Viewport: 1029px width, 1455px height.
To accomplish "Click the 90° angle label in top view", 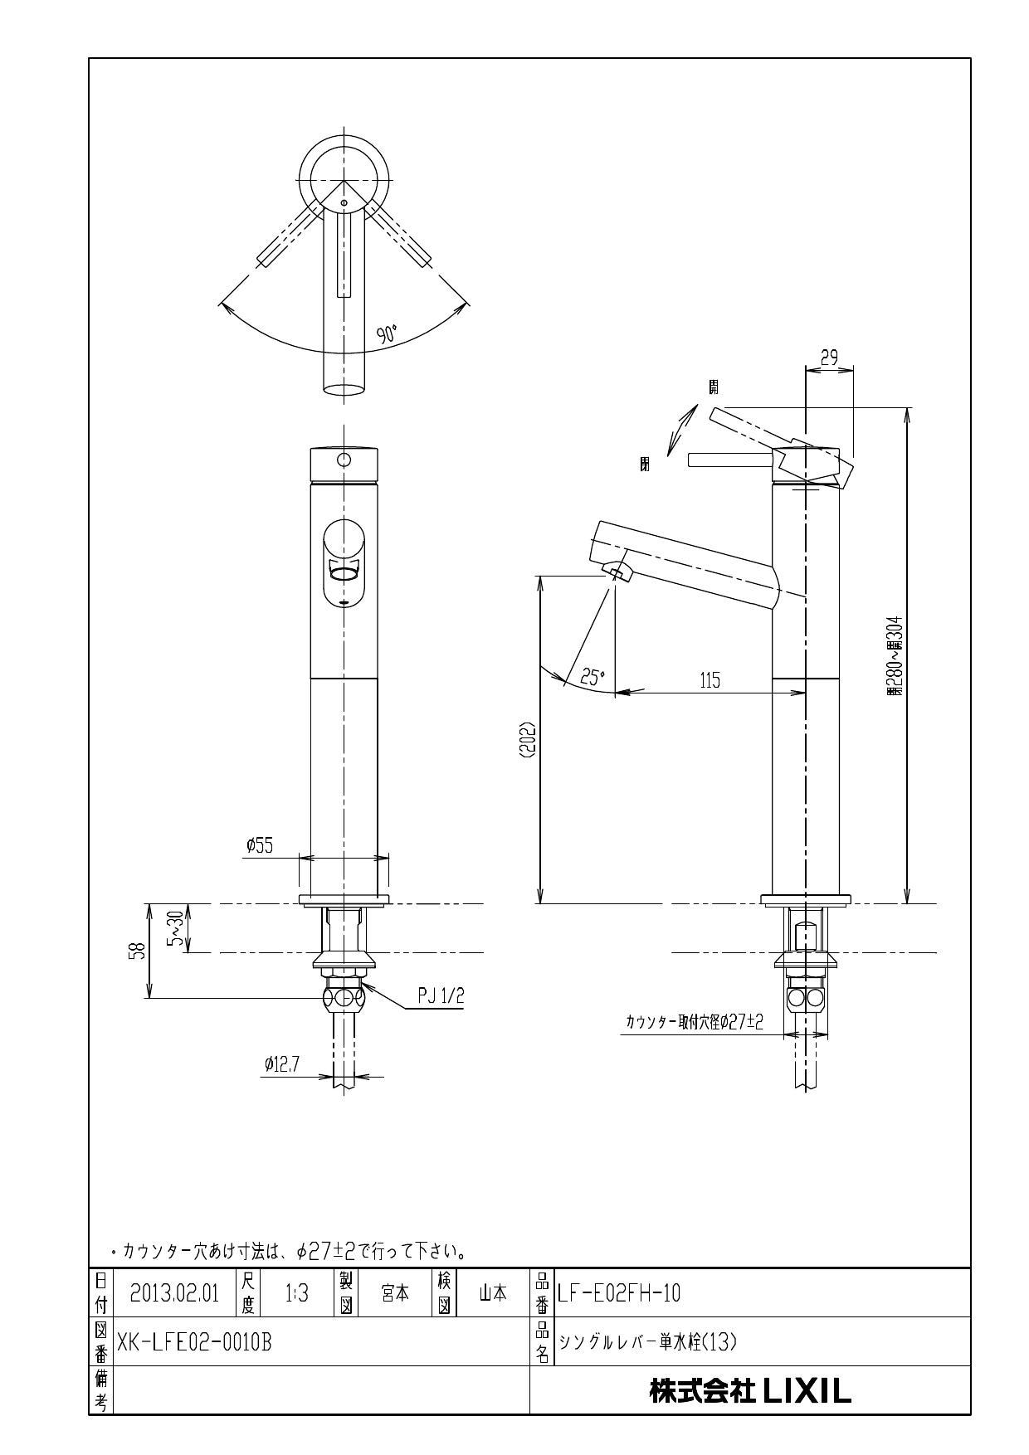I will click(387, 335).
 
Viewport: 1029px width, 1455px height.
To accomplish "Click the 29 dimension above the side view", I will click(829, 358).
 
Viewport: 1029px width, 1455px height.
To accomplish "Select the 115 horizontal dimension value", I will click(710, 680).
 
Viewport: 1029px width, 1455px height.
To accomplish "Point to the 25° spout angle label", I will click(593, 677).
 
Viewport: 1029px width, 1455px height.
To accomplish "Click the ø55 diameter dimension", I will click(260, 845).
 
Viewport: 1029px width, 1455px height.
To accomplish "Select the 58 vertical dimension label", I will click(139, 951).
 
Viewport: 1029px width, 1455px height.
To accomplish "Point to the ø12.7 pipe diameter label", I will click(282, 1063).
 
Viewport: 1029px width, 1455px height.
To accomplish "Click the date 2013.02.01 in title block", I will click(174, 1293).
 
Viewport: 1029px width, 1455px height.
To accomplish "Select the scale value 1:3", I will click(296, 1293).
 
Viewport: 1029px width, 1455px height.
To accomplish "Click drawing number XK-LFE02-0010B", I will click(195, 1342).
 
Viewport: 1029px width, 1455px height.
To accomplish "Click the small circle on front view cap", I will click(344, 459).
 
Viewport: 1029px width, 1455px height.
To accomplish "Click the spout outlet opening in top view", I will click(344, 388).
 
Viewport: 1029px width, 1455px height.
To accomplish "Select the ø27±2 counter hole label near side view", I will click(694, 1023).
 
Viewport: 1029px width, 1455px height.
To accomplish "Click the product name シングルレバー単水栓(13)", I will click(648, 1342).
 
